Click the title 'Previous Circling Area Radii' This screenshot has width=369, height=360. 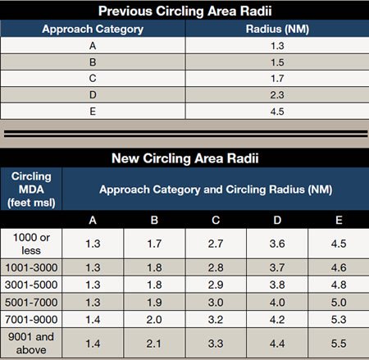(x=184, y=11)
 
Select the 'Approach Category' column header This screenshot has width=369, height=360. (x=93, y=29)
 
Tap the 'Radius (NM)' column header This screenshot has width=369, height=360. (x=277, y=29)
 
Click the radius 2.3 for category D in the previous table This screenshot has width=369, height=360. (x=277, y=95)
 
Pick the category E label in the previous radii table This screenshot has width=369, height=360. (x=93, y=112)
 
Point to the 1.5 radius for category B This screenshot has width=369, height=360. (x=277, y=62)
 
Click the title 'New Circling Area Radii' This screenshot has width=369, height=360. (x=185, y=158)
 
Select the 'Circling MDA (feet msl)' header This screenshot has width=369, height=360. (x=31, y=189)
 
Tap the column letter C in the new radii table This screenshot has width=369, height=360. (x=216, y=220)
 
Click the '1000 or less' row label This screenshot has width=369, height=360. (x=31, y=244)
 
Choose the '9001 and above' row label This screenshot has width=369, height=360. (x=31, y=343)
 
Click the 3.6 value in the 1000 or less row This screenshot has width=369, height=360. (x=277, y=244)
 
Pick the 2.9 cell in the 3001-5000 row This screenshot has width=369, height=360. (x=216, y=285)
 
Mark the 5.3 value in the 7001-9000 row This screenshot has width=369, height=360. (x=339, y=320)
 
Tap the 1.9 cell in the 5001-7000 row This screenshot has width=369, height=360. (x=154, y=303)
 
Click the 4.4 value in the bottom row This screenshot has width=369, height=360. (x=277, y=344)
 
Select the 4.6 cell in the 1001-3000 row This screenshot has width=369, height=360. (x=339, y=267)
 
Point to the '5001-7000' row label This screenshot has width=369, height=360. (x=31, y=303)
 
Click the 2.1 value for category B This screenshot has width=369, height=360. (x=154, y=344)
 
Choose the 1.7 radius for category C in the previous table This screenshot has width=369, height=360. (x=277, y=79)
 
